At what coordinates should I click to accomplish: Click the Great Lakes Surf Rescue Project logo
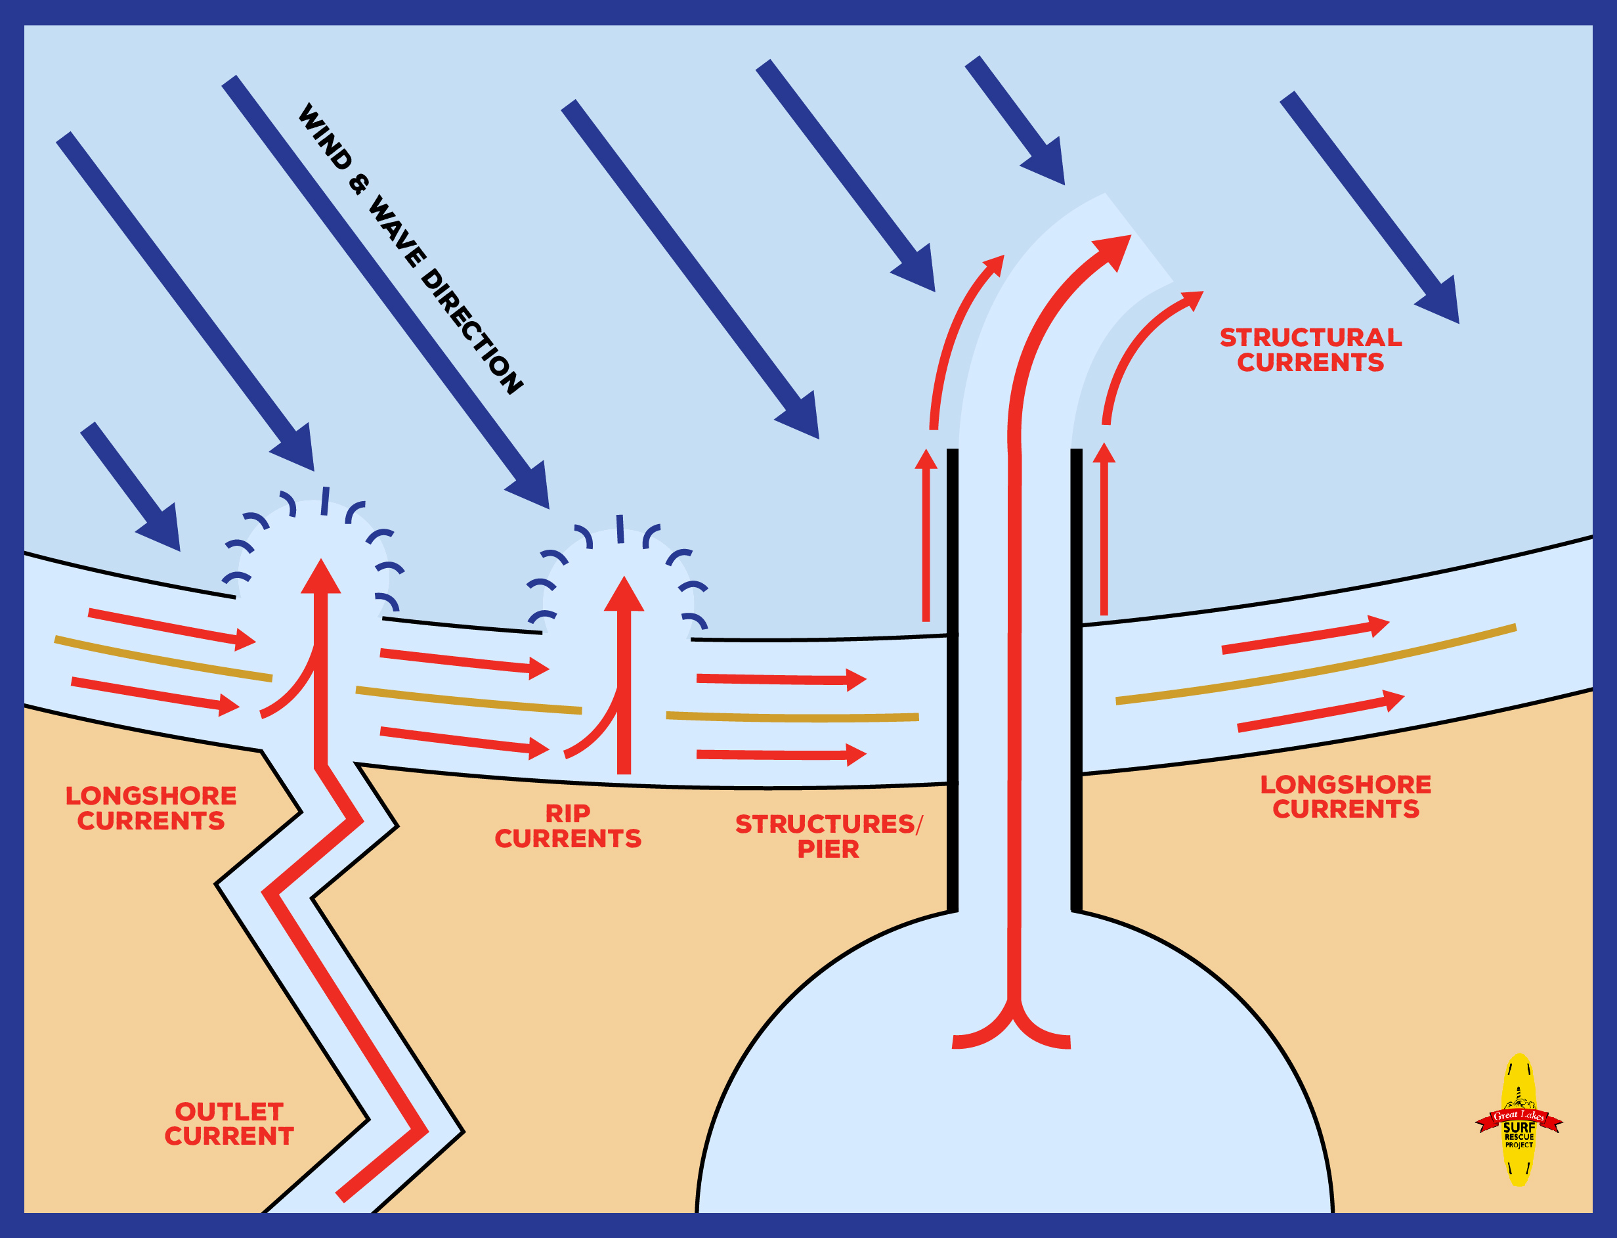point(1519,1120)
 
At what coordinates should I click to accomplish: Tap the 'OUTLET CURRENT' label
point(229,1124)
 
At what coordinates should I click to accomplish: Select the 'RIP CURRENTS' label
point(568,826)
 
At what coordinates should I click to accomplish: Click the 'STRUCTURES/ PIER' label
point(828,836)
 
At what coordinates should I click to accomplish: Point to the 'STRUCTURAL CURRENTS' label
point(1310,350)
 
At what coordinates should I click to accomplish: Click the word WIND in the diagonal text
point(325,137)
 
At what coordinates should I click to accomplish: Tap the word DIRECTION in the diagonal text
point(471,332)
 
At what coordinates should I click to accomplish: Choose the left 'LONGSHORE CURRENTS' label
point(151,808)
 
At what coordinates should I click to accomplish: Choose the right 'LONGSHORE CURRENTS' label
point(1345,797)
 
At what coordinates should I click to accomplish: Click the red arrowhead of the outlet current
point(321,579)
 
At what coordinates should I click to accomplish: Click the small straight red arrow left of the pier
point(926,538)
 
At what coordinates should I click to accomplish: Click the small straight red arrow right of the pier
point(1104,531)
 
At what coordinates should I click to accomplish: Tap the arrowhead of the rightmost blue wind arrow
point(1440,302)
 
